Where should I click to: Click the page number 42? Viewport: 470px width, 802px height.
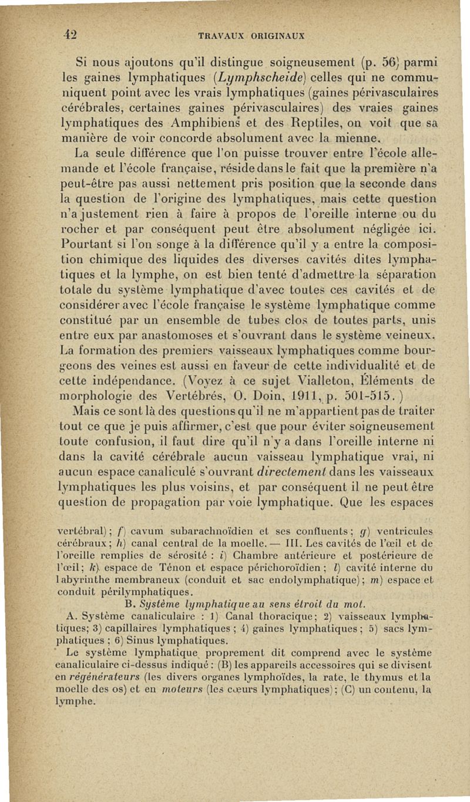point(72,32)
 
